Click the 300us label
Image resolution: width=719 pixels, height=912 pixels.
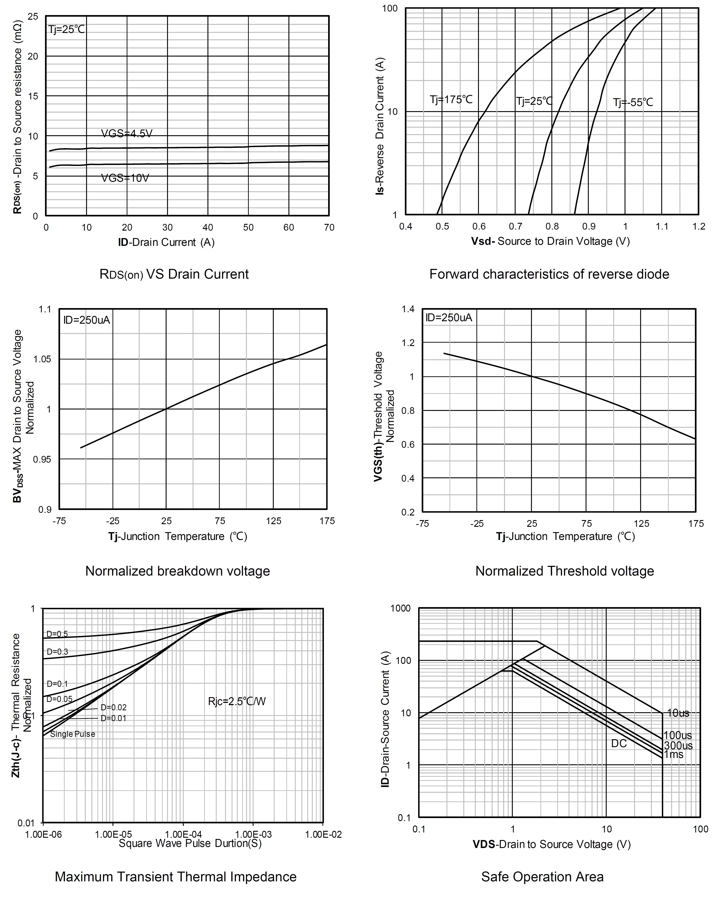pyautogui.click(x=678, y=745)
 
